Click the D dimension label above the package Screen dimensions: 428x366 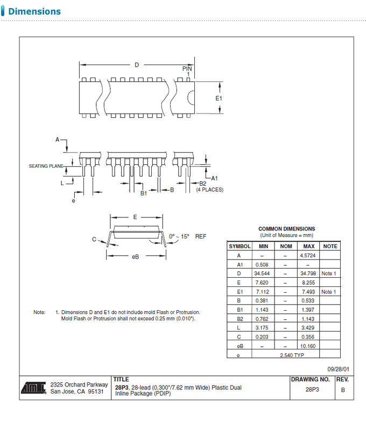137,65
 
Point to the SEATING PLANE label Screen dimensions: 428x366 46,166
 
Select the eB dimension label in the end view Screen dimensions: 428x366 136,256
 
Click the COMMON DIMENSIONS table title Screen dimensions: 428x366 286,229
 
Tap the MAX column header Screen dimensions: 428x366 309,246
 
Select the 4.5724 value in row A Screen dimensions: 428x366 309,255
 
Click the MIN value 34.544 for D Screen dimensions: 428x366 262,273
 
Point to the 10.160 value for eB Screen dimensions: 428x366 309,346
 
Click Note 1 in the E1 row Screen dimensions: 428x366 329,292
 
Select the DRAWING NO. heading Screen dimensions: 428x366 310,380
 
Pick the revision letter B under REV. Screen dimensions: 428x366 343,390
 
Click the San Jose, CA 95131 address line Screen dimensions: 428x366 76,391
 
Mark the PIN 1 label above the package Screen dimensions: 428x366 187,71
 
